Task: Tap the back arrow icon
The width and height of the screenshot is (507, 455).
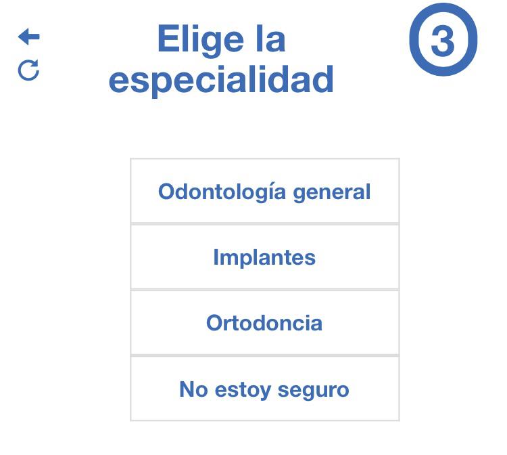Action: (x=29, y=37)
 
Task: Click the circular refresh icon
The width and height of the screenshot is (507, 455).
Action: (x=28, y=70)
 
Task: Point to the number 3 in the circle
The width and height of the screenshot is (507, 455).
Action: (x=443, y=41)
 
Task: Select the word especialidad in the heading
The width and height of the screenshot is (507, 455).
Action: (x=221, y=80)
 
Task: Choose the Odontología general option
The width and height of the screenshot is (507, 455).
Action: (x=265, y=191)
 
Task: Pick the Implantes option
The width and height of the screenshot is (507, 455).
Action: (x=265, y=257)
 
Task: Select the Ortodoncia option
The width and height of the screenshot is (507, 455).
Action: (x=265, y=323)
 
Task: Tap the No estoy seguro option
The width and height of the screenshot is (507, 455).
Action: (x=265, y=389)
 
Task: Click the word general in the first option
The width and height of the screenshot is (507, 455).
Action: (x=332, y=192)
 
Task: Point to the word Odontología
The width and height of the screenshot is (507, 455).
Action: (x=222, y=192)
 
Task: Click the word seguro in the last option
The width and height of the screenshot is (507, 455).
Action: (x=314, y=390)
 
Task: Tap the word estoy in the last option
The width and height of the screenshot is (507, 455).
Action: (x=243, y=390)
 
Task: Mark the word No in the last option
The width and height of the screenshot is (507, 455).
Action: (x=193, y=389)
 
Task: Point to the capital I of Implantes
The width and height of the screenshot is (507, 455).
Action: (x=216, y=257)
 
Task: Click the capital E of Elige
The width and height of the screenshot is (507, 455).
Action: (x=167, y=39)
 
